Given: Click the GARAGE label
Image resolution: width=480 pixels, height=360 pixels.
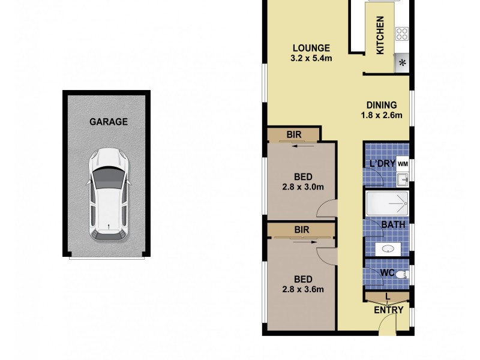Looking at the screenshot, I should (109, 121).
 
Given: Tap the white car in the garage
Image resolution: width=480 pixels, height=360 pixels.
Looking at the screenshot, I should (109, 195).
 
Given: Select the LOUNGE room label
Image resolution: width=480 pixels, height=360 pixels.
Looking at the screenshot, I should (311, 48).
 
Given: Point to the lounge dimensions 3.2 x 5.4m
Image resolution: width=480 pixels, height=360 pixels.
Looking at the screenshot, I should (311, 59).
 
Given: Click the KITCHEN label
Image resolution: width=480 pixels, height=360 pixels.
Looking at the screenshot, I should (380, 35).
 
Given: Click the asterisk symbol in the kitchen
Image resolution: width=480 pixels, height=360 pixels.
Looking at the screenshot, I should (402, 62).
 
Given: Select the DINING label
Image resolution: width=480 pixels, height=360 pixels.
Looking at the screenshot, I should (381, 105).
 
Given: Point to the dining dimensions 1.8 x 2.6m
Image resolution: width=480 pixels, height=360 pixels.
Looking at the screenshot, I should (381, 116).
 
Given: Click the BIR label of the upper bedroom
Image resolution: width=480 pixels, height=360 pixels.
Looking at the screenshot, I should (294, 135).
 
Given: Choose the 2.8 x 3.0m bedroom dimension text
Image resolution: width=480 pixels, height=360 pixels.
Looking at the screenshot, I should (303, 187).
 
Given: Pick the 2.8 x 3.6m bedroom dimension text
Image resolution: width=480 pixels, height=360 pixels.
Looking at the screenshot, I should (303, 290).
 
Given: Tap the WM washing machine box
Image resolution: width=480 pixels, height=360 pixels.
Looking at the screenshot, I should (402, 163).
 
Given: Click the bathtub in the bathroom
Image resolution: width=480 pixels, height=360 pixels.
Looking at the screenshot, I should (387, 205).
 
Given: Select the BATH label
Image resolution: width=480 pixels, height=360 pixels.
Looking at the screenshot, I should (394, 225).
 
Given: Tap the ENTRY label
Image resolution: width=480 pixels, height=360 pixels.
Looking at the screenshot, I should (388, 310).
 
